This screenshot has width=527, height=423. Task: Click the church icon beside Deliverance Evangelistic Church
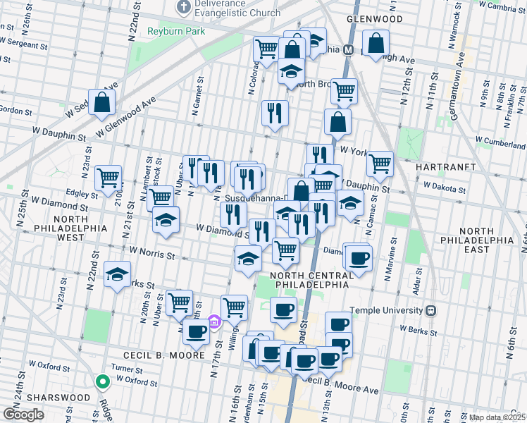[184, 8]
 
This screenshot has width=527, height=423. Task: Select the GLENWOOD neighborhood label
[374, 20]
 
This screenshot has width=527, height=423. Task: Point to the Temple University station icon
[431, 310]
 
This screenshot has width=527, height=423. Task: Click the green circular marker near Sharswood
[103, 382]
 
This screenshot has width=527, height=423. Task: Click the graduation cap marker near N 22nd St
[117, 274]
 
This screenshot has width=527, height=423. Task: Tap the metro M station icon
[347, 50]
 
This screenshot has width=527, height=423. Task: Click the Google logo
[23, 415]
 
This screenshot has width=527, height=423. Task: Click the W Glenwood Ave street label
[126, 117]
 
